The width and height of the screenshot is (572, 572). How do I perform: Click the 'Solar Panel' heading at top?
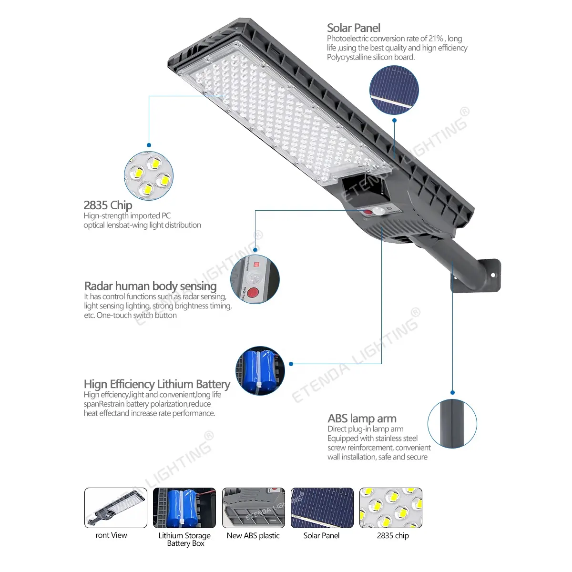coord(354,28)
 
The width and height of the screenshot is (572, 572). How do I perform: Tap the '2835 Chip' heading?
coord(108,205)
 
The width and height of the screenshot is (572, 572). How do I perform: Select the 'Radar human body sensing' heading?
coord(151,286)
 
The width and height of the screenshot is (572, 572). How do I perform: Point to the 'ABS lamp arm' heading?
coord(362,418)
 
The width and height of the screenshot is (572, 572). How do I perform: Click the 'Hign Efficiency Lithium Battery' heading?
coord(157,384)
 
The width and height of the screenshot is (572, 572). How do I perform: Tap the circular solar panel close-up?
coord(394,90)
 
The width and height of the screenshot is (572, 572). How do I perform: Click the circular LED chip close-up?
coord(149,176)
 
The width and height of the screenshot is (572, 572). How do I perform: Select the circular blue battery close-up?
coord(260,371)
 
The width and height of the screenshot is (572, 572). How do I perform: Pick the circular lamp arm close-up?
coord(452,424)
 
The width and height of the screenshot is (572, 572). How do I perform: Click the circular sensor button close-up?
coord(255,279)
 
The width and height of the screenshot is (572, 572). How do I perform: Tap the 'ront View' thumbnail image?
coord(116,508)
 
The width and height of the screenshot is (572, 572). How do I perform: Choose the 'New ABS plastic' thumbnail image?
coord(254,508)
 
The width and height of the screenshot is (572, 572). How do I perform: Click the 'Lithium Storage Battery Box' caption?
coord(184,539)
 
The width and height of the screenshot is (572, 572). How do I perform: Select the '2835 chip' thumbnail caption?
coord(393,535)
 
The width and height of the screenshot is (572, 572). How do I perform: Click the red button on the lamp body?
coord(368,212)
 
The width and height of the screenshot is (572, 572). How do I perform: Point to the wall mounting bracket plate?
coord(476,276)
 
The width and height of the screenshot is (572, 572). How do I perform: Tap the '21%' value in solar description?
coord(436,39)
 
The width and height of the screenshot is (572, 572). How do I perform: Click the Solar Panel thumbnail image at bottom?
coord(322,508)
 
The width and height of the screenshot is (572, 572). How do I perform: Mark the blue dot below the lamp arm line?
coord(453,392)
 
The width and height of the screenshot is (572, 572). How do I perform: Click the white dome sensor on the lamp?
coord(378,211)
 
